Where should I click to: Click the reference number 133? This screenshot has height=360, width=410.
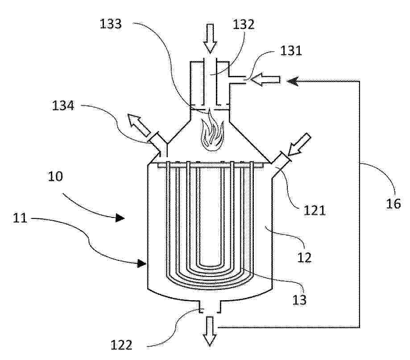(111, 24)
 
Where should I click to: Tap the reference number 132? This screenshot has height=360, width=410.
(244, 24)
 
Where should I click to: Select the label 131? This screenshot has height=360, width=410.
(291, 50)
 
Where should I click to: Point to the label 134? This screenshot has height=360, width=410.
(63, 105)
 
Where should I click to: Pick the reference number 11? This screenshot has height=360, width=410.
(20, 218)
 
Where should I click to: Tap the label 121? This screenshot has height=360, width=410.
(314, 210)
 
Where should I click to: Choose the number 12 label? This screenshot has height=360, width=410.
(305, 257)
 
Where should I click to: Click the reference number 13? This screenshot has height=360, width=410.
(299, 300)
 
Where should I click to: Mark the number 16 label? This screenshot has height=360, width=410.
(393, 204)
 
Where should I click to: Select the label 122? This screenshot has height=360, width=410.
(121, 345)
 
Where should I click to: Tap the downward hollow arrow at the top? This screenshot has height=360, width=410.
(210, 38)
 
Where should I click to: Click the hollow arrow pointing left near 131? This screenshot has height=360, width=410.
(265, 80)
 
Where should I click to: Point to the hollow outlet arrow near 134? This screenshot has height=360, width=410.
(139, 125)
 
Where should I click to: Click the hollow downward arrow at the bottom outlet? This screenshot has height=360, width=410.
(210, 331)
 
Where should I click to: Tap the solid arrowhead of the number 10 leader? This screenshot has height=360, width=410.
(120, 218)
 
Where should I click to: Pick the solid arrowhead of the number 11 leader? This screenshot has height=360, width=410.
(142, 264)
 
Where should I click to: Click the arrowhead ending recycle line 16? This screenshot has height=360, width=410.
(293, 81)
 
